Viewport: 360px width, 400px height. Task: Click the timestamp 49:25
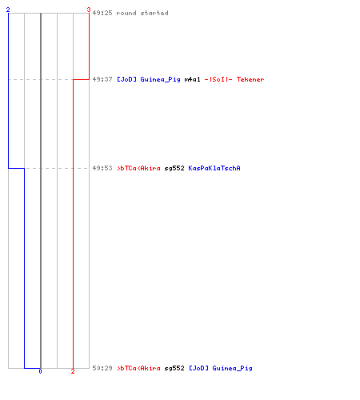coord(102,13)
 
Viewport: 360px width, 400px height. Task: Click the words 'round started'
coord(142,13)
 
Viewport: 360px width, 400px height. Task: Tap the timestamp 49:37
coord(102,79)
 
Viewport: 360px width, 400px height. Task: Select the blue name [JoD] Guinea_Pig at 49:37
coord(149,79)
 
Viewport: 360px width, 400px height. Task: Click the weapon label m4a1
coord(192,79)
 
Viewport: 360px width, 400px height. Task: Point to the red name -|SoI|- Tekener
coord(234,79)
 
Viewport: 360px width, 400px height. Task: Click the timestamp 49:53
coord(102,168)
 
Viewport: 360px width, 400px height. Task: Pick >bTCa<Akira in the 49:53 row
coord(138,168)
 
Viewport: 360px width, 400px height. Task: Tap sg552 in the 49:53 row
coord(174,168)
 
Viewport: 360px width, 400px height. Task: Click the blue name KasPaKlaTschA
coord(214,168)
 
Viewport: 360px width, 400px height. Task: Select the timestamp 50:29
coord(102,368)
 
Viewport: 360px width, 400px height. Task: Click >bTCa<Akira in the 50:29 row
coord(138,368)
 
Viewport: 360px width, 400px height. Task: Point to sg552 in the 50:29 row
coord(174,368)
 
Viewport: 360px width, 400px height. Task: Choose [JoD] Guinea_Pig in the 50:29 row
coord(221,368)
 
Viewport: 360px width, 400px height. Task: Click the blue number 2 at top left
coord(8,10)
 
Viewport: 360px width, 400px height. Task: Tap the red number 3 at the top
coord(89,10)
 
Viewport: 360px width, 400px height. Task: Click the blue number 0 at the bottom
coord(40,371)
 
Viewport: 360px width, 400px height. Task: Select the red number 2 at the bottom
coord(73,371)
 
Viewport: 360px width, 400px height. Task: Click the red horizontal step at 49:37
coord(81,79)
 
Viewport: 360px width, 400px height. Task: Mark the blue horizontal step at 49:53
coord(17,168)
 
